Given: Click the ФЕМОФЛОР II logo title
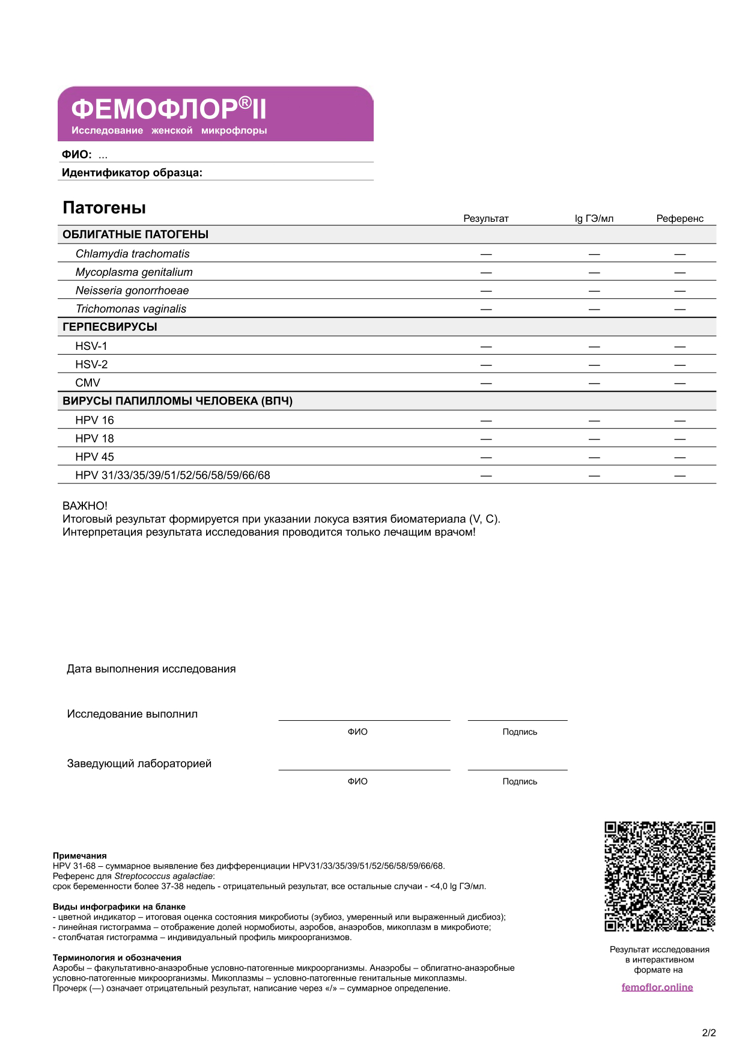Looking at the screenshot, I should pos(168,109).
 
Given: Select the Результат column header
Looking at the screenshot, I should pos(485,218).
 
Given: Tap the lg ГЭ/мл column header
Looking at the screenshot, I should pos(594,218).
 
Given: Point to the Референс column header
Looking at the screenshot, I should pos(680,218).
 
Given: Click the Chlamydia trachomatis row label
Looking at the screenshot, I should pos(132,254).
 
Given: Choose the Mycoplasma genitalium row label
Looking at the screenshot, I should pos(134,272).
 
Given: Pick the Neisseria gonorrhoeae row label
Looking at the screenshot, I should pos(132,290).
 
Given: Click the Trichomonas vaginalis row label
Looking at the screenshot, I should pos(131,309).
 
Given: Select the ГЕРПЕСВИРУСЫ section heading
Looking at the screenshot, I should pos(110,327).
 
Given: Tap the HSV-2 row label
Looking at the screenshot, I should pos(91,364).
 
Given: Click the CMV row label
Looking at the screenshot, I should pos(88,383).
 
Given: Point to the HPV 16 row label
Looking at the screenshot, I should pos(94,420).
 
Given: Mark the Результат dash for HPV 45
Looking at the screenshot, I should pos(486,457).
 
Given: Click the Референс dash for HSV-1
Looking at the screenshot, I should pos(680,347).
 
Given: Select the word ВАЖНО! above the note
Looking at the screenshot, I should pos(85,506).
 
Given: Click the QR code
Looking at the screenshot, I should pos(659,876).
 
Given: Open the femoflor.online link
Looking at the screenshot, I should pos(657,987).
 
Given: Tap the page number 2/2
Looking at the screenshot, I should pos(709,1033).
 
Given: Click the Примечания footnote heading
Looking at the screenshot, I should pos(80,855).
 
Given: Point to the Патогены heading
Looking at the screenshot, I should pos(105,208).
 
